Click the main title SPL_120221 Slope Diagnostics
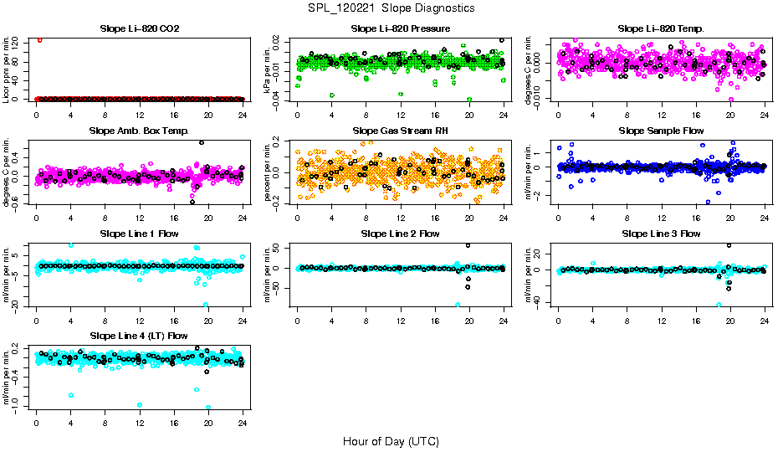pos(391,8)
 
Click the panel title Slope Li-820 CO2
pos(139,28)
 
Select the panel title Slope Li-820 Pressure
pos(401,28)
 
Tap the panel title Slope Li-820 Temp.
pos(661,28)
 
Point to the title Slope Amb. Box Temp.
pos(139,131)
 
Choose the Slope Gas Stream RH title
pos(401,131)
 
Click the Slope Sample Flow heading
pos(661,131)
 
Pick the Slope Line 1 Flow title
pos(139,234)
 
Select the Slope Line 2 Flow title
pos(401,234)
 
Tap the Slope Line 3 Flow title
pos(661,234)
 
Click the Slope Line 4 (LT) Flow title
pos(139,336)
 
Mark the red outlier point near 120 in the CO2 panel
pos(39,39)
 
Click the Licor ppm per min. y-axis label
pos(7,69)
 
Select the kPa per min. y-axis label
pos(268,69)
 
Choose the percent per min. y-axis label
pos(268,172)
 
